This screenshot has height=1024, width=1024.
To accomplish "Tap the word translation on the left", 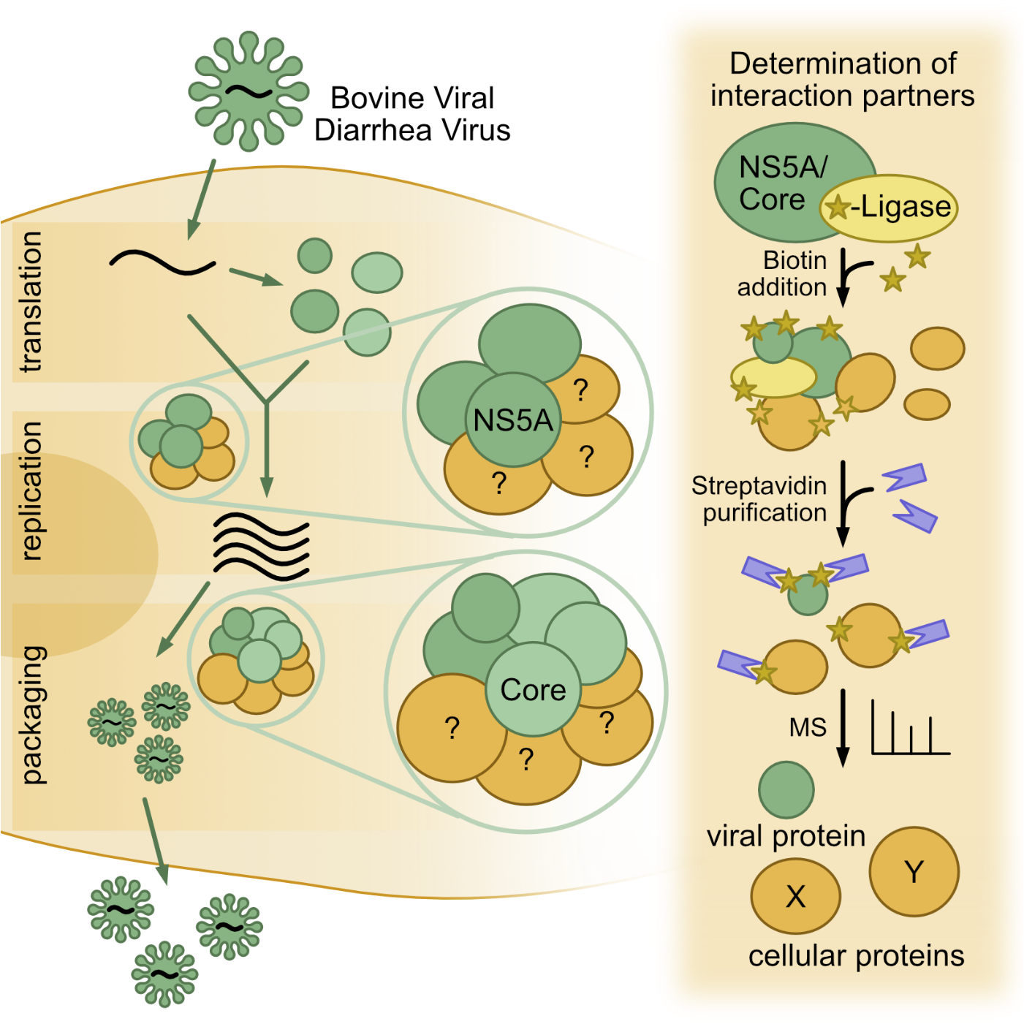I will pyautogui.click(x=31, y=302).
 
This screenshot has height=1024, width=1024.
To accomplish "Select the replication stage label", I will pyautogui.click(x=31, y=491).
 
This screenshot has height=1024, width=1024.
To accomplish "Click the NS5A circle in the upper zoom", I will pyautogui.click(x=513, y=420).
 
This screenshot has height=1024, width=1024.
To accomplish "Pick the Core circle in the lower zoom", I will pyautogui.click(x=533, y=690).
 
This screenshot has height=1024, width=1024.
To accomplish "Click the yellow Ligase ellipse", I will pyautogui.click(x=899, y=208).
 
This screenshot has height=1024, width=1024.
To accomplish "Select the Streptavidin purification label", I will pyautogui.click(x=760, y=499).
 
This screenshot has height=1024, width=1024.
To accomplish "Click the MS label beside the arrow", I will pyautogui.click(x=808, y=727).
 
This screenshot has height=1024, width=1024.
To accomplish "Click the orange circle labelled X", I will pyautogui.click(x=795, y=896).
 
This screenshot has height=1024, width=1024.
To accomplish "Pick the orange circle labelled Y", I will pyautogui.click(x=914, y=871).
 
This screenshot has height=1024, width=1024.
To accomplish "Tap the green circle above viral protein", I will pyautogui.click(x=786, y=789).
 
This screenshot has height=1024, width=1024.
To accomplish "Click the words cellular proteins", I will pyautogui.click(x=856, y=956).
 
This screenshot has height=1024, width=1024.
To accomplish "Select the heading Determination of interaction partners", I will pyautogui.click(x=843, y=80).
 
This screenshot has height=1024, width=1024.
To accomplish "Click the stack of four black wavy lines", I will pyautogui.click(x=261, y=546).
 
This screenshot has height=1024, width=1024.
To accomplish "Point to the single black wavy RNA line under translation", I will pyautogui.click(x=162, y=262).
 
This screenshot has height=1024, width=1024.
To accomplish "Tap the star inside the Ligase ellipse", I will pyautogui.click(x=838, y=208).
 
